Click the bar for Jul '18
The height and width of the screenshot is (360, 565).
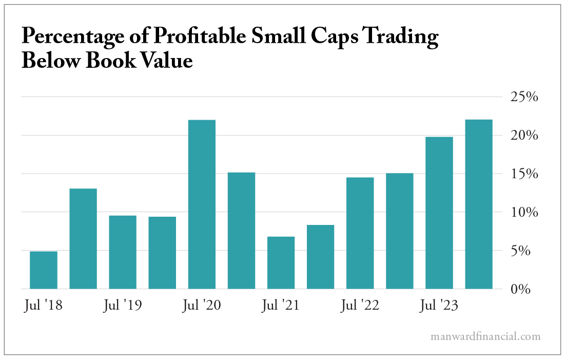click(44, 270)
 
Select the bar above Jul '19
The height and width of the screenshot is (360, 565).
click(123, 252)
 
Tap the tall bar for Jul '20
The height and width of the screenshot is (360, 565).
click(202, 204)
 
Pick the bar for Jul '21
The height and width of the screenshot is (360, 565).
click(281, 262)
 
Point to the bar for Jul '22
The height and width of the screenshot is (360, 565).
click(360, 233)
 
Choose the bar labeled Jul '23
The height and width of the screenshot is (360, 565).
click(439, 213)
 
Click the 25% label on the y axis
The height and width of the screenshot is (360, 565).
click(523, 97)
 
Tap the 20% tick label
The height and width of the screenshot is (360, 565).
click(523, 136)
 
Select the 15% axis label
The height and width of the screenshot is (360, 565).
click(523, 174)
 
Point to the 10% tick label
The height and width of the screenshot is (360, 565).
click(523, 213)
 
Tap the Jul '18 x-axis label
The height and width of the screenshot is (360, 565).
click(44, 305)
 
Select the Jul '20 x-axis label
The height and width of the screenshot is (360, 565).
click(202, 305)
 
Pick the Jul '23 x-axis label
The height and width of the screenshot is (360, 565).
click(439, 305)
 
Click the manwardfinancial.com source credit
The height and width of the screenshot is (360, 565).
click(485, 337)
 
